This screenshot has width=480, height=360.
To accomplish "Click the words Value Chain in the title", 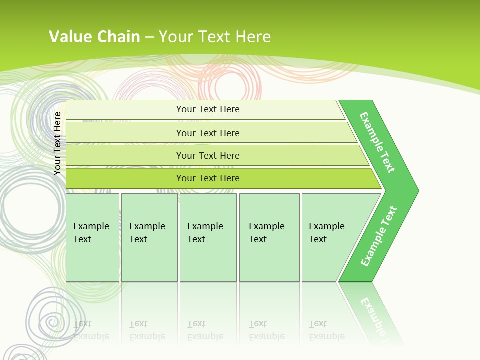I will [x=94, y=37].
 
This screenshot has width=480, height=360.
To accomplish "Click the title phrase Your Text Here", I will [x=215, y=37].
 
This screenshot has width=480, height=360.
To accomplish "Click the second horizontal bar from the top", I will [x=207, y=133].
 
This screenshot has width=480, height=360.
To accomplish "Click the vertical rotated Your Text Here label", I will [x=58, y=144].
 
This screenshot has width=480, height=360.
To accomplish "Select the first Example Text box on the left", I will [x=92, y=237].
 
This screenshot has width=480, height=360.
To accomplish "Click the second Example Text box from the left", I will [x=149, y=237].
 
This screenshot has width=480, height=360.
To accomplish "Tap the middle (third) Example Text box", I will [x=208, y=237].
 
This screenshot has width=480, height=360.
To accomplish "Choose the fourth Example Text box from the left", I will [x=269, y=237].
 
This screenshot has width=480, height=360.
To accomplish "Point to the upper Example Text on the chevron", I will [x=377, y=142].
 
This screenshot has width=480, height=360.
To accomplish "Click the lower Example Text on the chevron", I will [x=379, y=236].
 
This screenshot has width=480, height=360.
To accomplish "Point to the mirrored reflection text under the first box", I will [x=91, y=330].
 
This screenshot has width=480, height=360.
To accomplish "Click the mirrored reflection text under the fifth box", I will [x=327, y=330].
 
